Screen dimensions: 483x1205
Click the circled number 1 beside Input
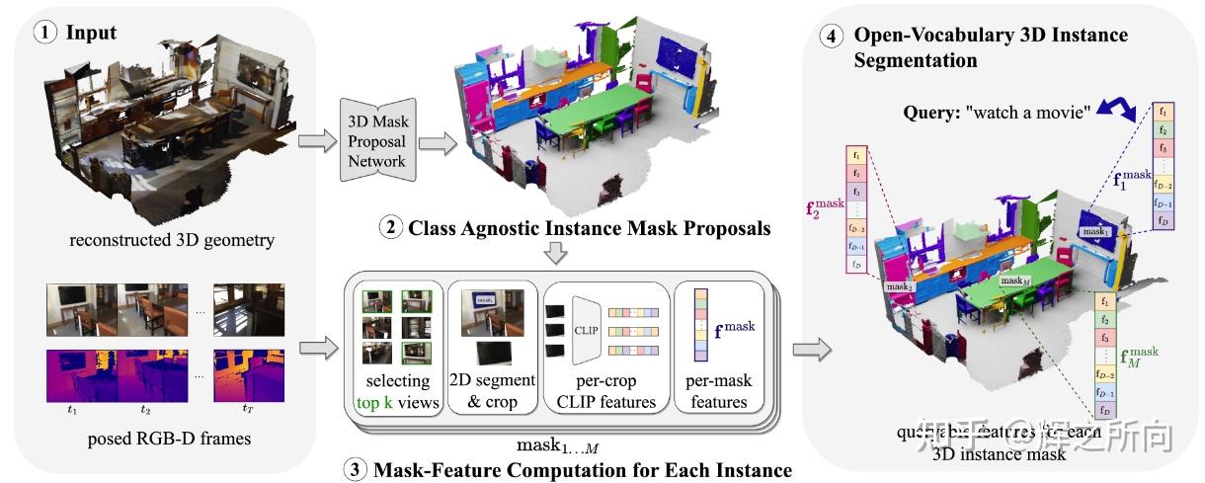tap(45, 33)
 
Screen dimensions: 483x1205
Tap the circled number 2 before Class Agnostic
tap(391, 228)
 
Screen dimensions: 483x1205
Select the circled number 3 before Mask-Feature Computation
tap(356, 470)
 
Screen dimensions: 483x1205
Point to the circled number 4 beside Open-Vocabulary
tap(833, 36)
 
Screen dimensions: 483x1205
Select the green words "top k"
tap(377, 402)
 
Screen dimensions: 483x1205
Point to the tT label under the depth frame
tap(248, 407)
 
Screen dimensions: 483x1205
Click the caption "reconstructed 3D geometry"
tap(158, 239)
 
